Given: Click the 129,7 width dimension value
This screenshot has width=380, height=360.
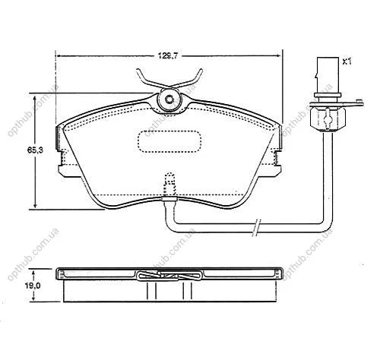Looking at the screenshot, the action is (168, 55).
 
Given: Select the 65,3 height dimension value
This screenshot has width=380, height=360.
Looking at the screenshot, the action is (35, 150).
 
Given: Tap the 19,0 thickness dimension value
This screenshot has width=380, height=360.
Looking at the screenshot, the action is (33, 286).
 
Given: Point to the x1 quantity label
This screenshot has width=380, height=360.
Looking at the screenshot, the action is (347, 62).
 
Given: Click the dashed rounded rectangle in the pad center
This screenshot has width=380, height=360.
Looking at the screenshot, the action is (169, 141).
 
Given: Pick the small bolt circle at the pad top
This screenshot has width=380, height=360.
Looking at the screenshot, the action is (169, 99).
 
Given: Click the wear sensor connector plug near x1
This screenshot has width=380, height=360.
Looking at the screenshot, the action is (328, 77).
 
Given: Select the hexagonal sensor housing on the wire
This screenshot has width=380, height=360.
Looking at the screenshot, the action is (328, 118).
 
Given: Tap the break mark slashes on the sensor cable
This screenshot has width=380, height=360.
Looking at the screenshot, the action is (257, 227).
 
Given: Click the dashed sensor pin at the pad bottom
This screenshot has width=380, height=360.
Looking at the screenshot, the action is (169, 185).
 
